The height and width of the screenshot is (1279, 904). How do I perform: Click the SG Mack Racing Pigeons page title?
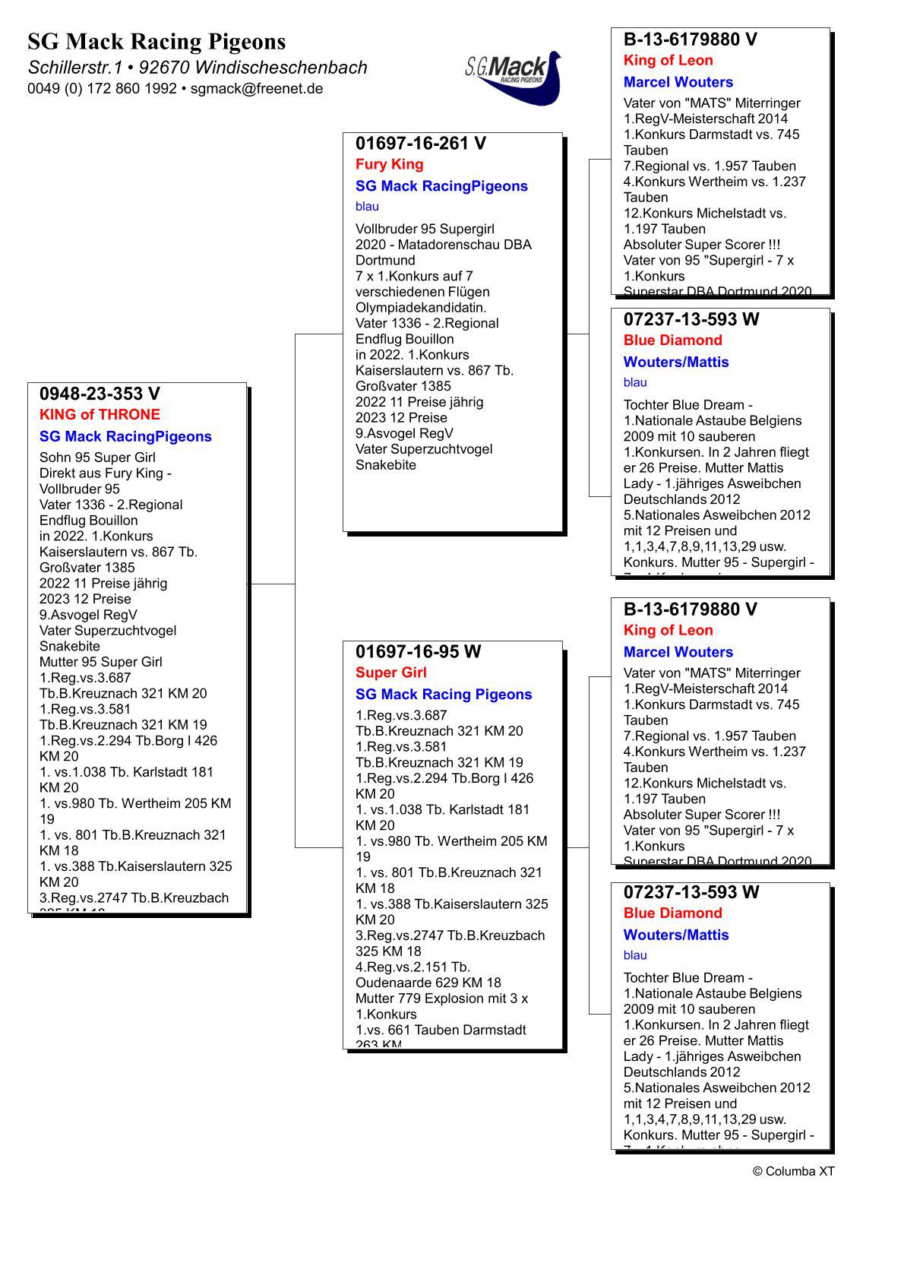(156, 41)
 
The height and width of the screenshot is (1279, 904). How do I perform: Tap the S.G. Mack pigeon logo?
(514, 76)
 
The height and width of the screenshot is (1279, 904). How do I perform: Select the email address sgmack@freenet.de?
(257, 89)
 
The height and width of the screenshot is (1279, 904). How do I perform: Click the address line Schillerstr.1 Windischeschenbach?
(198, 68)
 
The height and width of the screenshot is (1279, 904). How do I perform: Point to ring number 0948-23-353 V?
(100, 394)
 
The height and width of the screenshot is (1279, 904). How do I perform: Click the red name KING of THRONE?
(100, 415)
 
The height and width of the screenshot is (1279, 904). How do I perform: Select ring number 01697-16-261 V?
(420, 144)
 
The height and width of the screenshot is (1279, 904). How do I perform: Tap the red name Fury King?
(389, 164)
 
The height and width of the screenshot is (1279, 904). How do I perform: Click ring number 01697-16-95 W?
(418, 652)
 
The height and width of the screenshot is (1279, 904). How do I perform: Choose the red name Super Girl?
(390, 673)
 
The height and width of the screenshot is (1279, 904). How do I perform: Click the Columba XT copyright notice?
(793, 1171)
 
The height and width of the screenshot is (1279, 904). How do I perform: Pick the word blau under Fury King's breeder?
(367, 207)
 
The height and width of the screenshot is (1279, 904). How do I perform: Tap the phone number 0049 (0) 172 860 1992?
(102, 89)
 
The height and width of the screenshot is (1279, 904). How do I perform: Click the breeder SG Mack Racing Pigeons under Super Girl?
(444, 695)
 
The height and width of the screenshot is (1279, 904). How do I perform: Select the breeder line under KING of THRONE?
(125, 437)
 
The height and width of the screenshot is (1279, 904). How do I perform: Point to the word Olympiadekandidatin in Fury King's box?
(421, 308)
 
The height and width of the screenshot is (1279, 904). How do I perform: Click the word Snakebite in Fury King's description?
(386, 465)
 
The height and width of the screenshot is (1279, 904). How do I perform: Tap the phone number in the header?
(102, 89)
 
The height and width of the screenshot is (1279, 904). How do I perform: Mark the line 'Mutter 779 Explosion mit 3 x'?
(441, 999)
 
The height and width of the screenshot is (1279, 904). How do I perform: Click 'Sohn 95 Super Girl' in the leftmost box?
(97, 457)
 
